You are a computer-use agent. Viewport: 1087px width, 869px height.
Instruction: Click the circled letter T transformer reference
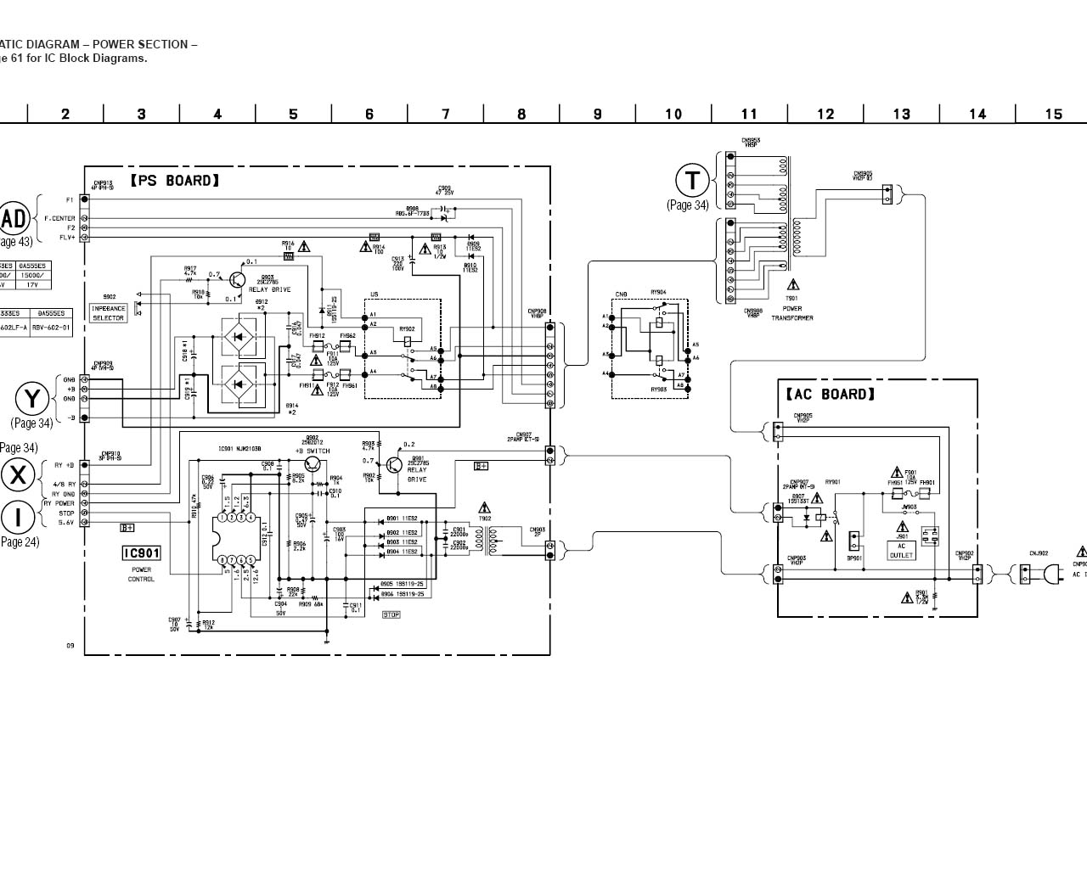[x=692, y=181]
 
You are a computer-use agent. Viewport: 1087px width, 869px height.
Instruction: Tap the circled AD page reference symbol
[x=14, y=219]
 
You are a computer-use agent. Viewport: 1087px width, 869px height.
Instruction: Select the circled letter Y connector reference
[x=32, y=399]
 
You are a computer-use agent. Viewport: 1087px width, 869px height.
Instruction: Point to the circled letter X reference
[x=17, y=475]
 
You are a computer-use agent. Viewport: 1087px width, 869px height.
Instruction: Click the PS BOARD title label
[x=175, y=181]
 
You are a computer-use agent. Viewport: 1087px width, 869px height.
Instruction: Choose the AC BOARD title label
[x=829, y=394]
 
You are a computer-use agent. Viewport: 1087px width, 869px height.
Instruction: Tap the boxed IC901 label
[x=141, y=553]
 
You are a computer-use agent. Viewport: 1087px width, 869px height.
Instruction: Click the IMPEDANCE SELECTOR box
[x=108, y=313]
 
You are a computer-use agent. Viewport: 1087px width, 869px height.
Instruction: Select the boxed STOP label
[x=391, y=614]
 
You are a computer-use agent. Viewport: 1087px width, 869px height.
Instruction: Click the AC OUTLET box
[x=901, y=551]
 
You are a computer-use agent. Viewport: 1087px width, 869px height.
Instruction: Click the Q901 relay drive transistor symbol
[x=393, y=465]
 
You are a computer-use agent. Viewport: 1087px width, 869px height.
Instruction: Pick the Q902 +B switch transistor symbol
[x=313, y=463]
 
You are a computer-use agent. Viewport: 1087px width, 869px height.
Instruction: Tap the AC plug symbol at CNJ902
[x=1051, y=575]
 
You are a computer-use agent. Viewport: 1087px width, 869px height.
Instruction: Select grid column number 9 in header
[x=597, y=115]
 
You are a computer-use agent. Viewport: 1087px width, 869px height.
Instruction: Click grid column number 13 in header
[x=901, y=115]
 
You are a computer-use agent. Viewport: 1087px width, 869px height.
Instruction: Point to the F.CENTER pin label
[x=59, y=218]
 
